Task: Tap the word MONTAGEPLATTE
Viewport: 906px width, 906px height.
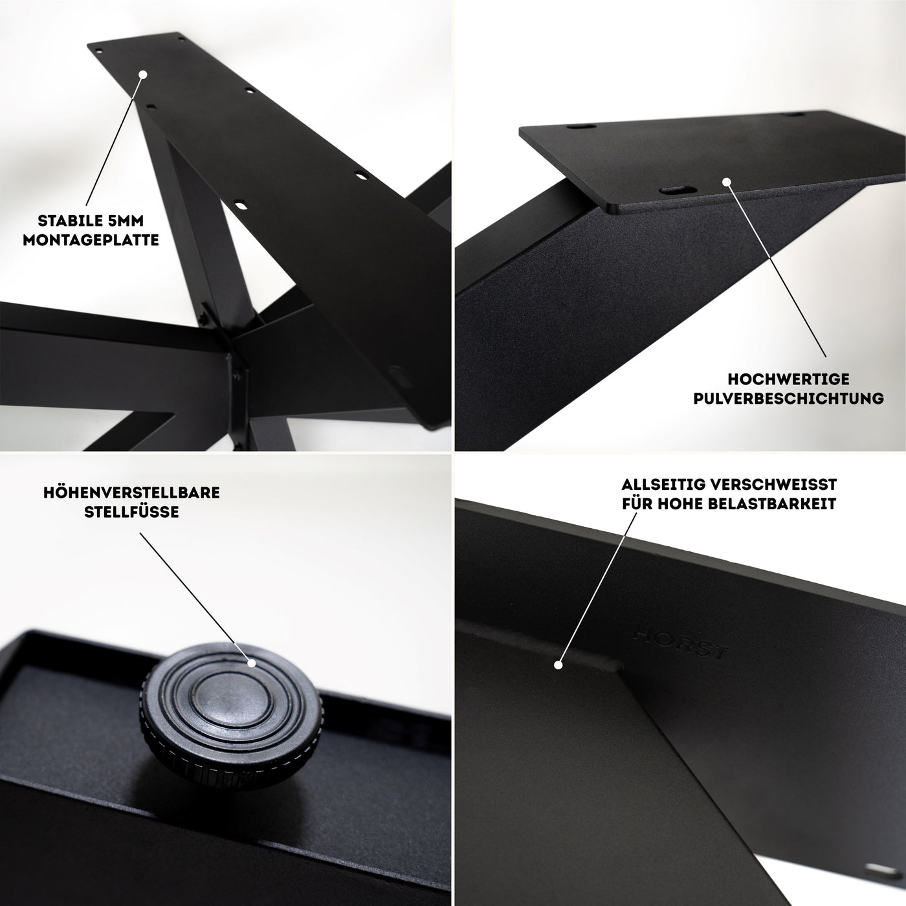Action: [x=91, y=240]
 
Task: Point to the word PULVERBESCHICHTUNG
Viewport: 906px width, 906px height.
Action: [x=788, y=398]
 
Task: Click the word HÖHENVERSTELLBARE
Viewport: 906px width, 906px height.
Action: [x=131, y=492]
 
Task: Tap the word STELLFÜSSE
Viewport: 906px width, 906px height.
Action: [x=131, y=511]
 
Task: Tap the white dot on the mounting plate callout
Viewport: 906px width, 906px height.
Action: [x=144, y=74]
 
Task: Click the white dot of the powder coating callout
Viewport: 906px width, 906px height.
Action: [x=726, y=181]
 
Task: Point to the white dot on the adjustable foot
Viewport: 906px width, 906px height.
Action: [x=252, y=663]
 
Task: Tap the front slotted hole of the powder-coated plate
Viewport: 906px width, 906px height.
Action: [x=678, y=190]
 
